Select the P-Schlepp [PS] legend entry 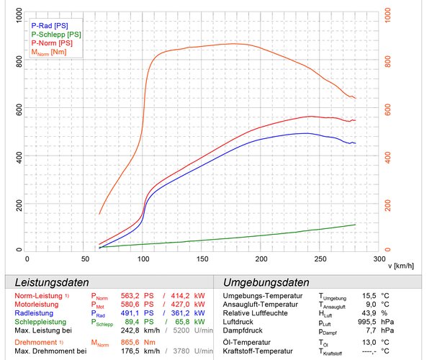[59, 34]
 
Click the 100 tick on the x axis [144, 258]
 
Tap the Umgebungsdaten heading [266, 282]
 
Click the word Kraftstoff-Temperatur [265, 351]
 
